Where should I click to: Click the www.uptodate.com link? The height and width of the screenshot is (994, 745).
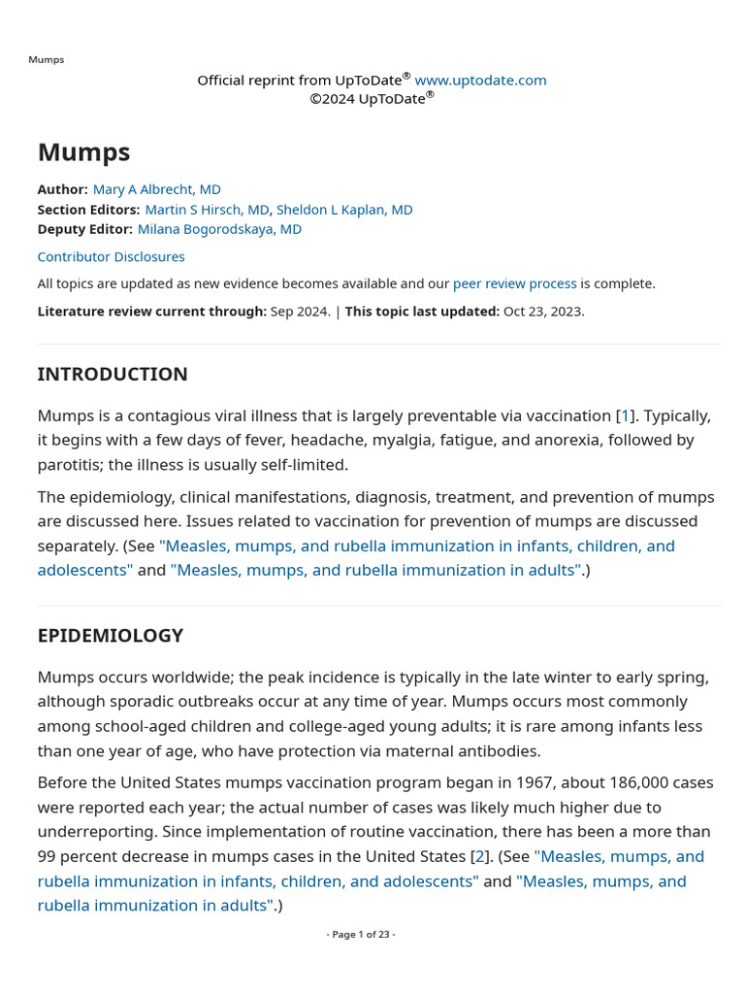click(480, 81)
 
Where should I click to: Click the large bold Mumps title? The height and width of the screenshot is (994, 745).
click(83, 152)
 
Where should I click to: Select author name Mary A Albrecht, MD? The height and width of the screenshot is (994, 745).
click(156, 189)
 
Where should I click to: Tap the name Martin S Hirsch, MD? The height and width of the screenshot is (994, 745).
click(207, 210)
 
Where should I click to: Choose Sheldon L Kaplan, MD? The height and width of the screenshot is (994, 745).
click(344, 210)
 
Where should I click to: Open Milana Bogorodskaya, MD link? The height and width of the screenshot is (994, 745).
click(219, 229)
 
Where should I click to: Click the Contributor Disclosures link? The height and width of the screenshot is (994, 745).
click(111, 257)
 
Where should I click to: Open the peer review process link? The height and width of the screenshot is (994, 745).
click(514, 283)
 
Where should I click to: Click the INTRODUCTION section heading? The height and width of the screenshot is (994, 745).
click(113, 375)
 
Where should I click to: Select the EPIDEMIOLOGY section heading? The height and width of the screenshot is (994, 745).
click(110, 636)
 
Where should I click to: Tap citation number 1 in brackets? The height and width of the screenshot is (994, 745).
click(626, 415)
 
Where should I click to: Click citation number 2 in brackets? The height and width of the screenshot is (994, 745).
click(479, 856)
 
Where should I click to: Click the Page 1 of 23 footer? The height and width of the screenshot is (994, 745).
click(360, 935)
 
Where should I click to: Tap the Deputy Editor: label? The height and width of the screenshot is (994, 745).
click(85, 229)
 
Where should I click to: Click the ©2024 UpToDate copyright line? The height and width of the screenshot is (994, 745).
click(372, 98)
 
